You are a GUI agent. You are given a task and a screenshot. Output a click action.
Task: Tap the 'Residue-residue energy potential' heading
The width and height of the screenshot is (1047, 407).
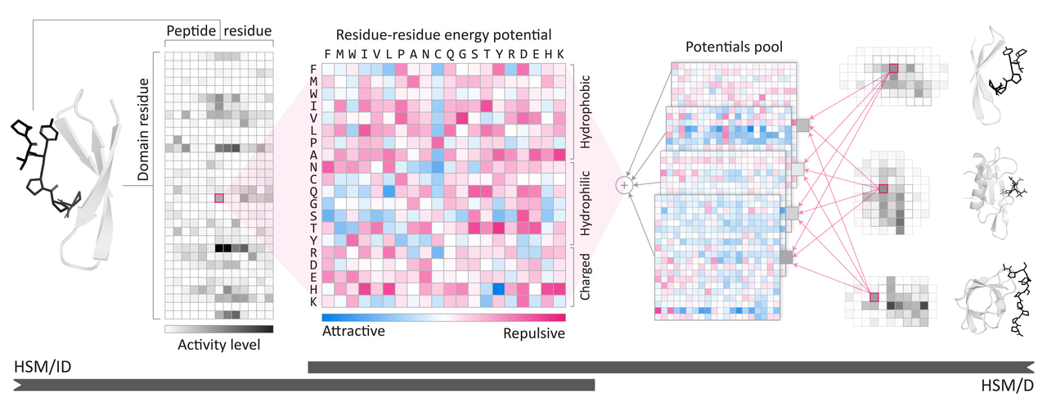point(444,34)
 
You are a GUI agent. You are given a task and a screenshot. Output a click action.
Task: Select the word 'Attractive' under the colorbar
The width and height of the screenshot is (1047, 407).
point(353,332)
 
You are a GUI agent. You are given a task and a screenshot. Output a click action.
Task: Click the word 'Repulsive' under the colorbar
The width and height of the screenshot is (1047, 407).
point(532,333)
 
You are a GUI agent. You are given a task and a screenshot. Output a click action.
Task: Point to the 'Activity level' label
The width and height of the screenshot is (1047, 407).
point(218,345)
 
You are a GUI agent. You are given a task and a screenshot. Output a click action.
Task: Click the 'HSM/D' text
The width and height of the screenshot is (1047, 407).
point(1005,385)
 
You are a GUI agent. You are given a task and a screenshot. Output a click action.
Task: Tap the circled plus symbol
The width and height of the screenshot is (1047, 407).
point(625,186)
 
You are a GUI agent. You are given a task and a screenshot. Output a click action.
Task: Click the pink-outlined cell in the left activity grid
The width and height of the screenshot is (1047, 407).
point(218,197)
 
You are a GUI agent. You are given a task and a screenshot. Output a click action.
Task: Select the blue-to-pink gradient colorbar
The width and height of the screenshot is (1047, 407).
point(443,317)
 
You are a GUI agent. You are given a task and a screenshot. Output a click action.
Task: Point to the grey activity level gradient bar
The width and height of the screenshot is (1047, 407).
point(218,329)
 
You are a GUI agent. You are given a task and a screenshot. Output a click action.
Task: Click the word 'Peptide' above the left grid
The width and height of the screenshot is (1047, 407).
point(191,31)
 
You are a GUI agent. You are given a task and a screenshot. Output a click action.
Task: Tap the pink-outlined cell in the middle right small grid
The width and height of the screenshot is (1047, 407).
point(883,189)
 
